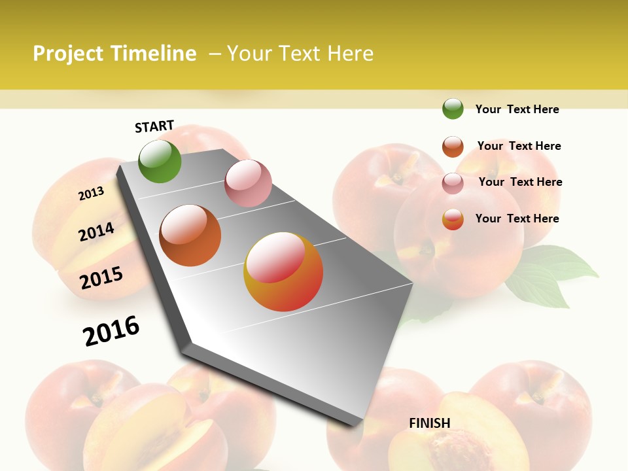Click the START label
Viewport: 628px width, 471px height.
154,126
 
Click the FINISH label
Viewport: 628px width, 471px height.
430,423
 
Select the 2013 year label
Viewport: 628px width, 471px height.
91,194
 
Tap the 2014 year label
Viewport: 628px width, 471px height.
96,232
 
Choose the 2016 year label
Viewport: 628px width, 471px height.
111,330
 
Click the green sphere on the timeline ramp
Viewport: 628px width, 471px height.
160,161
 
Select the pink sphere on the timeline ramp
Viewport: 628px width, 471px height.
248,183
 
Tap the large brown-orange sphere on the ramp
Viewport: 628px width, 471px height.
190,235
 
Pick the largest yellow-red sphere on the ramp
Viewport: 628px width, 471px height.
283,271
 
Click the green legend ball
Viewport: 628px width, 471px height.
453,109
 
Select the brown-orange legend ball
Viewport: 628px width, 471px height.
453,147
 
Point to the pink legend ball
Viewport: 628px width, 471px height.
453,183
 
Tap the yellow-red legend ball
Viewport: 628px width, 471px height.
453,219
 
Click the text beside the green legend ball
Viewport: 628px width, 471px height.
517,109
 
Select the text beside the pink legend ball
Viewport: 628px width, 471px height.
520,182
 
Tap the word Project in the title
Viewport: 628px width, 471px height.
69,54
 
